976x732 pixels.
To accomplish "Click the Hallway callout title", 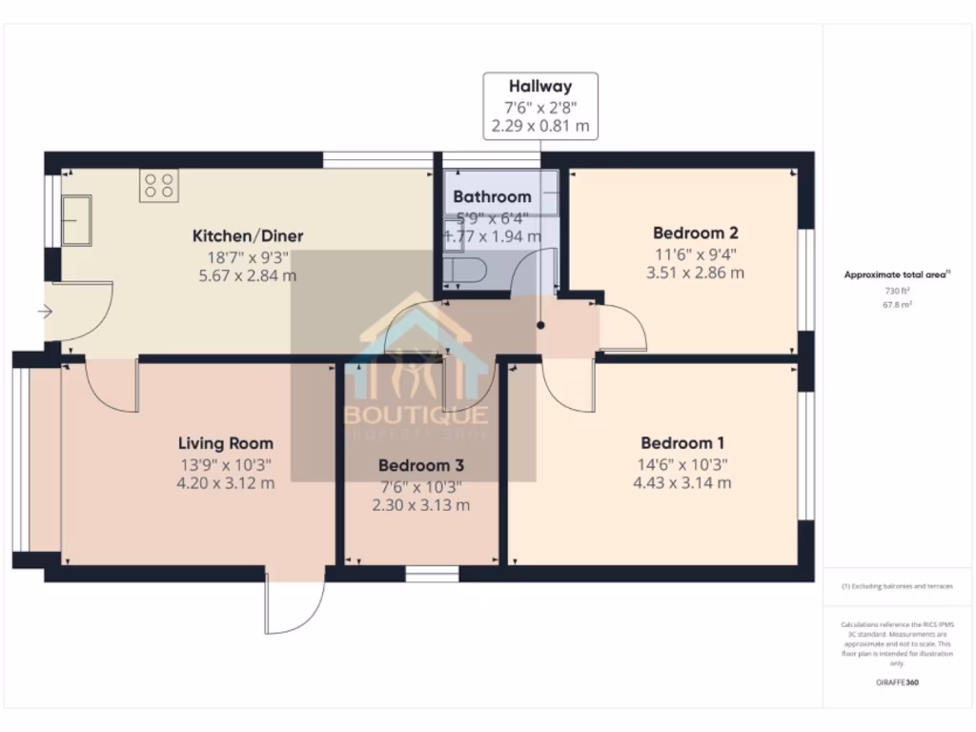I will point(540,87).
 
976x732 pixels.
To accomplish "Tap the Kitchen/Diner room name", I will point(248,235).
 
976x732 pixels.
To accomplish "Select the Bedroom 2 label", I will point(696,233).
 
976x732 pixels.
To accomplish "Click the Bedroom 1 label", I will point(682,443).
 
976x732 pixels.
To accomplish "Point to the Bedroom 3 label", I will point(421,466).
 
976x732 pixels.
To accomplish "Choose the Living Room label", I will point(226,443).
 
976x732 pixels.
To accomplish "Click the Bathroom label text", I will point(492,197).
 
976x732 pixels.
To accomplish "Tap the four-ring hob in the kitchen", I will point(158,185).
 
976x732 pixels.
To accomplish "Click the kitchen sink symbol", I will point(75,220).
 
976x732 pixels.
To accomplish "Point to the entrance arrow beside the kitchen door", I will point(44,312).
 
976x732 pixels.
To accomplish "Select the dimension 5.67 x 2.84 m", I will point(246,275).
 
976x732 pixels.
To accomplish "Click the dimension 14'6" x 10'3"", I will point(682,464).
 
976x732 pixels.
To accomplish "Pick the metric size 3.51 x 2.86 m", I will point(696,273).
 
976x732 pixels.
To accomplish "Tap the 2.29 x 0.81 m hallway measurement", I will point(540,125).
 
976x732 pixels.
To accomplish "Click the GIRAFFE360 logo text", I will point(898,682).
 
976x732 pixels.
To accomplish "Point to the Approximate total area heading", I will point(897,274).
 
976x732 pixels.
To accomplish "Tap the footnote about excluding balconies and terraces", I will point(897,586).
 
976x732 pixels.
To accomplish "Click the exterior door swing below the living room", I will point(295,606).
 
